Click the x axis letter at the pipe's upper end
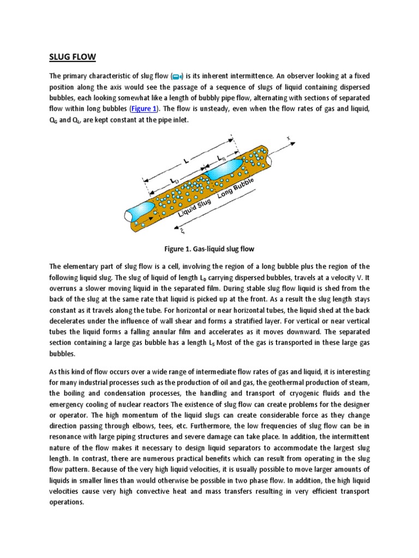pos(289,138)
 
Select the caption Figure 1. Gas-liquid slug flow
pos(209,248)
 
